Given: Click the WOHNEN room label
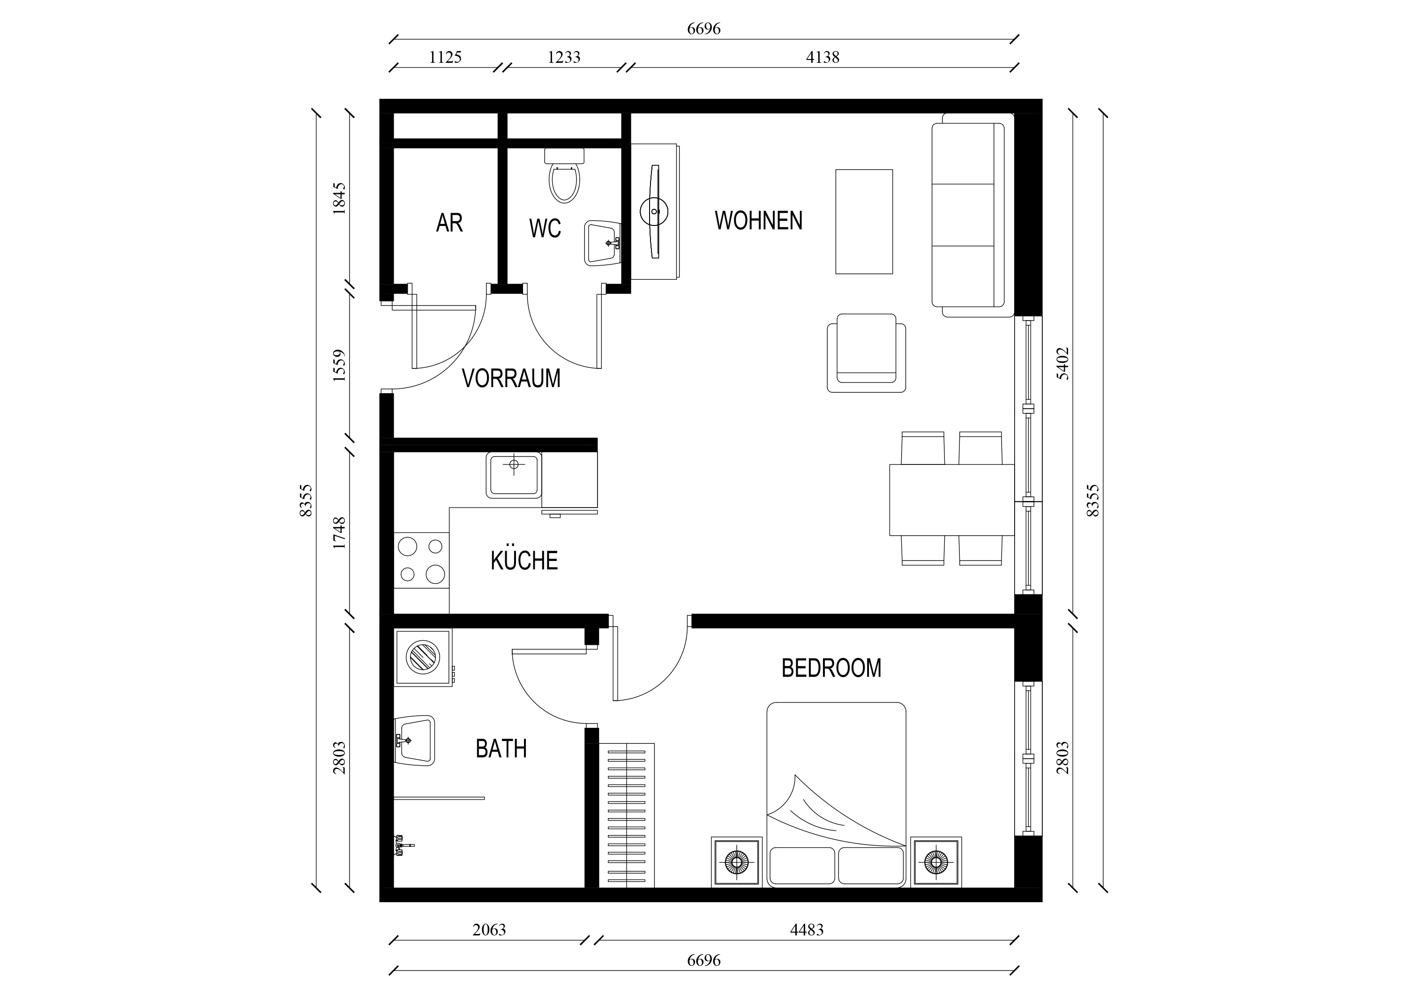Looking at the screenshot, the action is pos(758,220).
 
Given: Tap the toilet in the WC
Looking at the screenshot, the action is pos(564,175).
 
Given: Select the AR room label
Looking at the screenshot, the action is pos(449,223).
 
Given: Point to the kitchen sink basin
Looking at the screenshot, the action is pos(514,475).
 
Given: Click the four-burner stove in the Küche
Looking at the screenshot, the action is pos(421,561).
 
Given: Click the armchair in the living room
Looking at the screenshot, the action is pos(866,353).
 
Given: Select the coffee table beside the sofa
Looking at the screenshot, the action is pos(864,221).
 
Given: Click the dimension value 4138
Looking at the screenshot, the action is pos(823,57).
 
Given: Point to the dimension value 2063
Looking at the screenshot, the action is pos(489,930).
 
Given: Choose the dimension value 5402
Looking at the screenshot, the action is pos(1062,363).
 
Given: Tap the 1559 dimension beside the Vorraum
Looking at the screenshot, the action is pos(339,366).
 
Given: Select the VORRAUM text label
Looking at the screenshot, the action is pos(511,379).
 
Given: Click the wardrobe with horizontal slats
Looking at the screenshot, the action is pos(627,815).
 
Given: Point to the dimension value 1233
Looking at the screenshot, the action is pos(563,57).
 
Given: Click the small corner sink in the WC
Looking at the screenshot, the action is pos(603,243).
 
